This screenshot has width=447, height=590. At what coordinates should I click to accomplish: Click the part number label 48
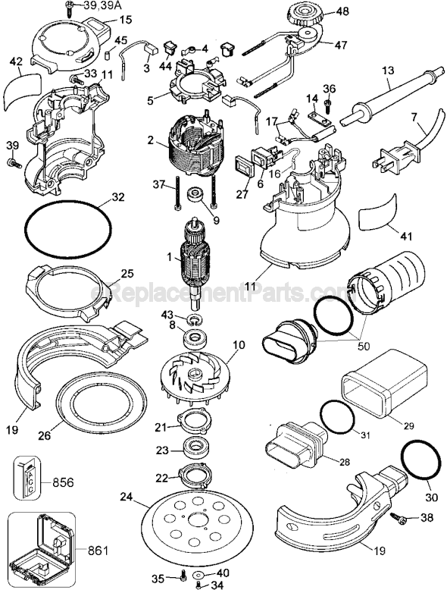[x=343, y=11]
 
